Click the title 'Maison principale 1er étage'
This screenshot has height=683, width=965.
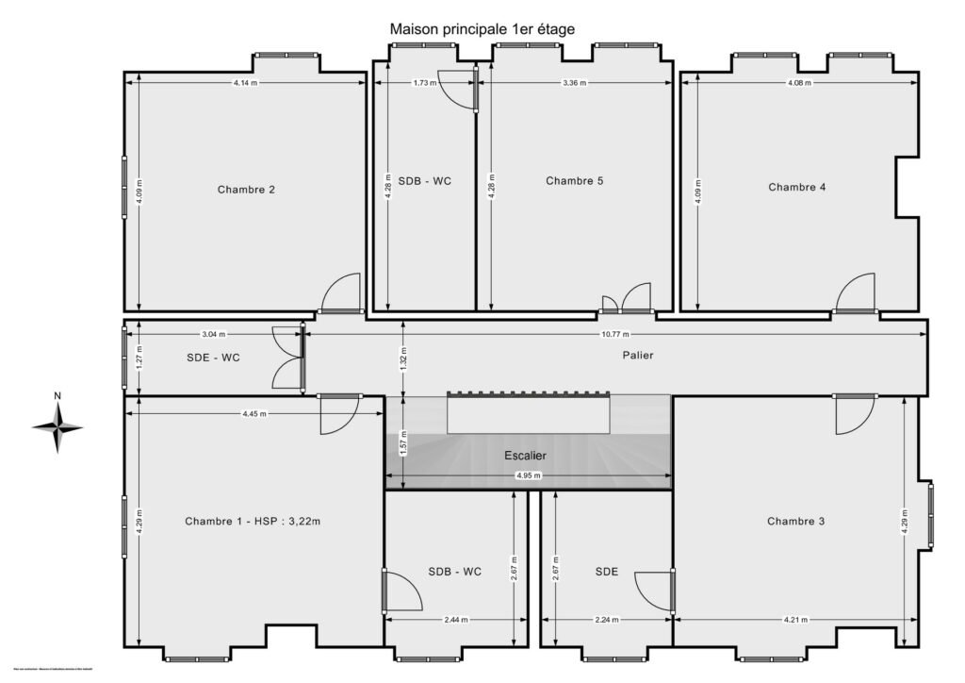click(x=482, y=29)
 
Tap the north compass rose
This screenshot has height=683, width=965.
click(x=57, y=426)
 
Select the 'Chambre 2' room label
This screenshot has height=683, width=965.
click(x=246, y=190)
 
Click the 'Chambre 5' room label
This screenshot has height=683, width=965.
click(x=574, y=181)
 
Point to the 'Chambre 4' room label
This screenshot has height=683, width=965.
click(x=797, y=187)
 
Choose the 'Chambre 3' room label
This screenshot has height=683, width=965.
click(x=795, y=522)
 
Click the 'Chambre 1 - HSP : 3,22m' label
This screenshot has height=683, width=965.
click(x=252, y=522)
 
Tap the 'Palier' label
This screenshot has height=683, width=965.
click(x=637, y=356)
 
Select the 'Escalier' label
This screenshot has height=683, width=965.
click(x=525, y=456)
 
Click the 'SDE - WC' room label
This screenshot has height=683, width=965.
click(x=213, y=358)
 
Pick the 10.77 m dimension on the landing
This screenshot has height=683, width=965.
click(x=614, y=335)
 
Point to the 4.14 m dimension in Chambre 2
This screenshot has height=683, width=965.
click(x=245, y=83)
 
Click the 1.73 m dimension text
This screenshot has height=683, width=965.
click(x=425, y=83)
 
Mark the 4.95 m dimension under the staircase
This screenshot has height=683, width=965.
click(x=529, y=475)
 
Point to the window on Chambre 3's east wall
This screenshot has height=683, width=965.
click(x=930, y=515)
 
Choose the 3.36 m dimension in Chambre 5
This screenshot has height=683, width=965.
click(x=574, y=83)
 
